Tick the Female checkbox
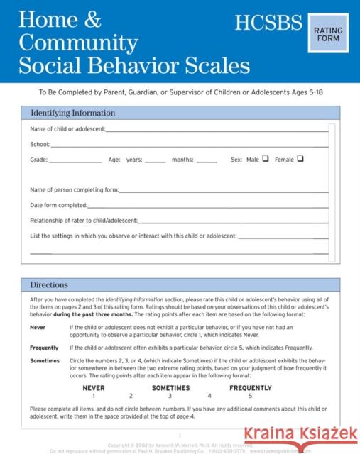pos(300,159)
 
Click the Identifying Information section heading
pos(72,113)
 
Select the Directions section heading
pos(49,284)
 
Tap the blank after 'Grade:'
pos(75,161)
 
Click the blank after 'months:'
pos(206,161)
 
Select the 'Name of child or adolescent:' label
pos(67,129)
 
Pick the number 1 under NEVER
pos(94,397)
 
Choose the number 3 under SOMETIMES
pos(170,397)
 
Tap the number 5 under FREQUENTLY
pos(250,397)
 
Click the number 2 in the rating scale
pos(131,397)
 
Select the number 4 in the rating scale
pos(209,397)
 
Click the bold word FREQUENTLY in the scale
pos(250,388)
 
